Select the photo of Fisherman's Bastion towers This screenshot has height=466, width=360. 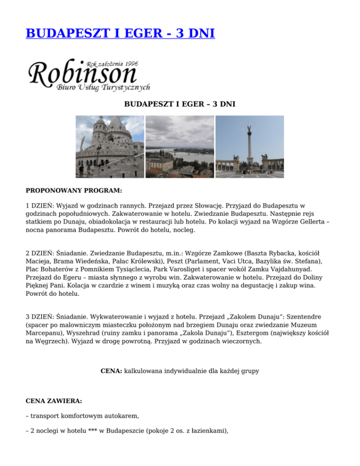coord(110,147)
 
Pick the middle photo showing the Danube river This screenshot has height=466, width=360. coord(180,147)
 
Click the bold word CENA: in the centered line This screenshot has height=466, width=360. coord(112,371)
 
